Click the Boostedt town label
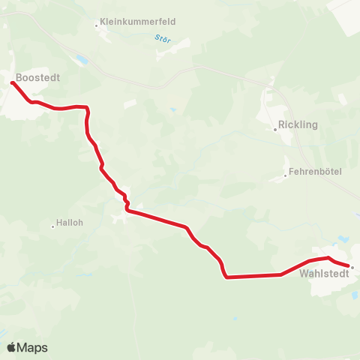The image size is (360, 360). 38,76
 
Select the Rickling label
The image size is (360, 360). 298,124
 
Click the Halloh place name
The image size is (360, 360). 69,223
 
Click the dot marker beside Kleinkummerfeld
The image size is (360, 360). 97,25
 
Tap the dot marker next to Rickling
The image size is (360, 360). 275,129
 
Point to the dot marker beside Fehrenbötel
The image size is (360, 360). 285,176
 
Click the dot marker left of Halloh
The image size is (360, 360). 53,226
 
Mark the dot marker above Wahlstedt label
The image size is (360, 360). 352,266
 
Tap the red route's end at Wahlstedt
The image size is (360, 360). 349,265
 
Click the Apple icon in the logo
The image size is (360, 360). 11,346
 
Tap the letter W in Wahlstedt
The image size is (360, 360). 304,274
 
